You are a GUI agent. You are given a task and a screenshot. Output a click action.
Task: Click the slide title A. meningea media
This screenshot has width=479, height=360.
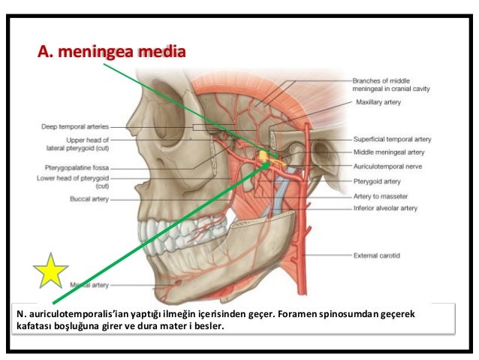click(x=111, y=54)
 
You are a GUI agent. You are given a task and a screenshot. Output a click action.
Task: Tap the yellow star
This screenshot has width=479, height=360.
click(x=50, y=272)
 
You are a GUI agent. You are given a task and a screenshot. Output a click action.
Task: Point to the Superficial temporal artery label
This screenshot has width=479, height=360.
click(x=392, y=139)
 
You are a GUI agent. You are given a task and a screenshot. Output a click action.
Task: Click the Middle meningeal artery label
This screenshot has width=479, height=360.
click(x=389, y=152)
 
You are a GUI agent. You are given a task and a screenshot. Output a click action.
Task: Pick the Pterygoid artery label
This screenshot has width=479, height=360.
click(x=378, y=181)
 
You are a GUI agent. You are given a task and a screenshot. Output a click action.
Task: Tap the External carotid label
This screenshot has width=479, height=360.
click(x=377, y=256)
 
